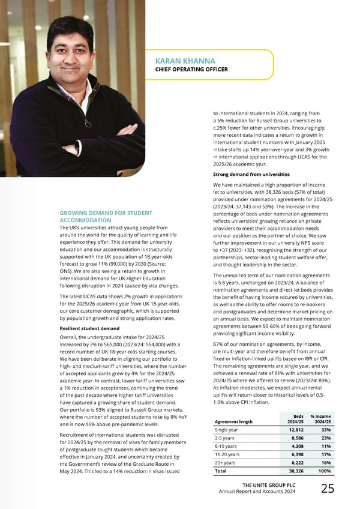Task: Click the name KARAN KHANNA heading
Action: click(185, 61)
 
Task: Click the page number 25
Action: click(328, 489)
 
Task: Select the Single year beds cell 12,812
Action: click(295, 430)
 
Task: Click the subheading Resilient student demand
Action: click(89, 328)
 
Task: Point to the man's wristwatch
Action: click(77, 146)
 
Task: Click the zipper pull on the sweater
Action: click(87, 124)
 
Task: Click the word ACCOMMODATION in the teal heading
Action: click(85, 220)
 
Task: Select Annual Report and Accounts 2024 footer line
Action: click(258, 492)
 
